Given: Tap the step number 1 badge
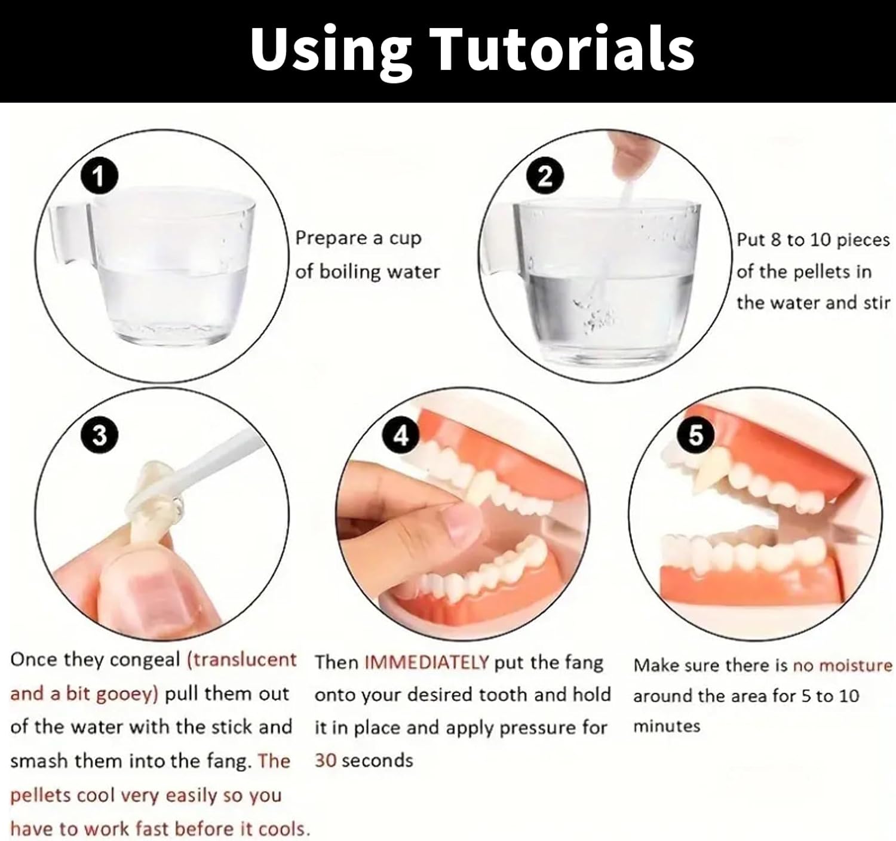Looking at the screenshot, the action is pos(99,176).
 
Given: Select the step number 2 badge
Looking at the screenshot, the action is pos(545,176).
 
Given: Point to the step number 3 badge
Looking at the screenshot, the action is pos(99,436).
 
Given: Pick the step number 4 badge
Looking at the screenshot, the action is pos(401,436).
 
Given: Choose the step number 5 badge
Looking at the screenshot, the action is pos(696,436).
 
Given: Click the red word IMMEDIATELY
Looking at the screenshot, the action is pos(426,662).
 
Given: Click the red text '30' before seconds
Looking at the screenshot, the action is pos(326,760).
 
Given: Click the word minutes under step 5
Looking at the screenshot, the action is pos(667,726).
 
